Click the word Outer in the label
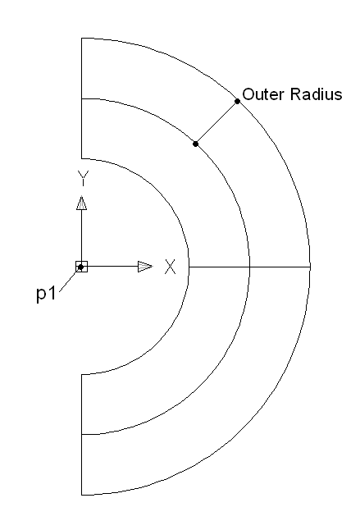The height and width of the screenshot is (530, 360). point(263,94)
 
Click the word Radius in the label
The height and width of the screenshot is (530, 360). point(316,94)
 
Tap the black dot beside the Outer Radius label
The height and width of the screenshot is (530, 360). point(238,101)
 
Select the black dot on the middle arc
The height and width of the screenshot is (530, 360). point(195,144)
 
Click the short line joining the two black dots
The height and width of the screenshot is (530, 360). point(216,122)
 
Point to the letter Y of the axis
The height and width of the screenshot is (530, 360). point(83,178)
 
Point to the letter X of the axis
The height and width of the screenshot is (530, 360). point(171,267)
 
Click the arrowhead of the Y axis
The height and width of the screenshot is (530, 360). point(82,203)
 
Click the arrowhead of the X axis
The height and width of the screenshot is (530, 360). point(145,267)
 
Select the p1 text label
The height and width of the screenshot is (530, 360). point(46,294)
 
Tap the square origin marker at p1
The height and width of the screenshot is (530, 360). point(82,267)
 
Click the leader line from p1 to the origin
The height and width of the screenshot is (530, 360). point(70,279)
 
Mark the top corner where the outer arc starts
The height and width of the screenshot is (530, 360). point(82,39)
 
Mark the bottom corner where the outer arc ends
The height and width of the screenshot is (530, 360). point(82,496)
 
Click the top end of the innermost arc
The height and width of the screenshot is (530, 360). point(82,158)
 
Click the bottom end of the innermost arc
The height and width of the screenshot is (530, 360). point(82,374)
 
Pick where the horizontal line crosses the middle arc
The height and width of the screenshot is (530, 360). point(249,267)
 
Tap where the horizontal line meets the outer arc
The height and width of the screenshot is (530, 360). point(310,267)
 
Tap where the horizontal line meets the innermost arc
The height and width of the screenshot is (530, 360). point(189,267)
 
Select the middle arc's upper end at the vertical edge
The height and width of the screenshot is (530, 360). point(82,98)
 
